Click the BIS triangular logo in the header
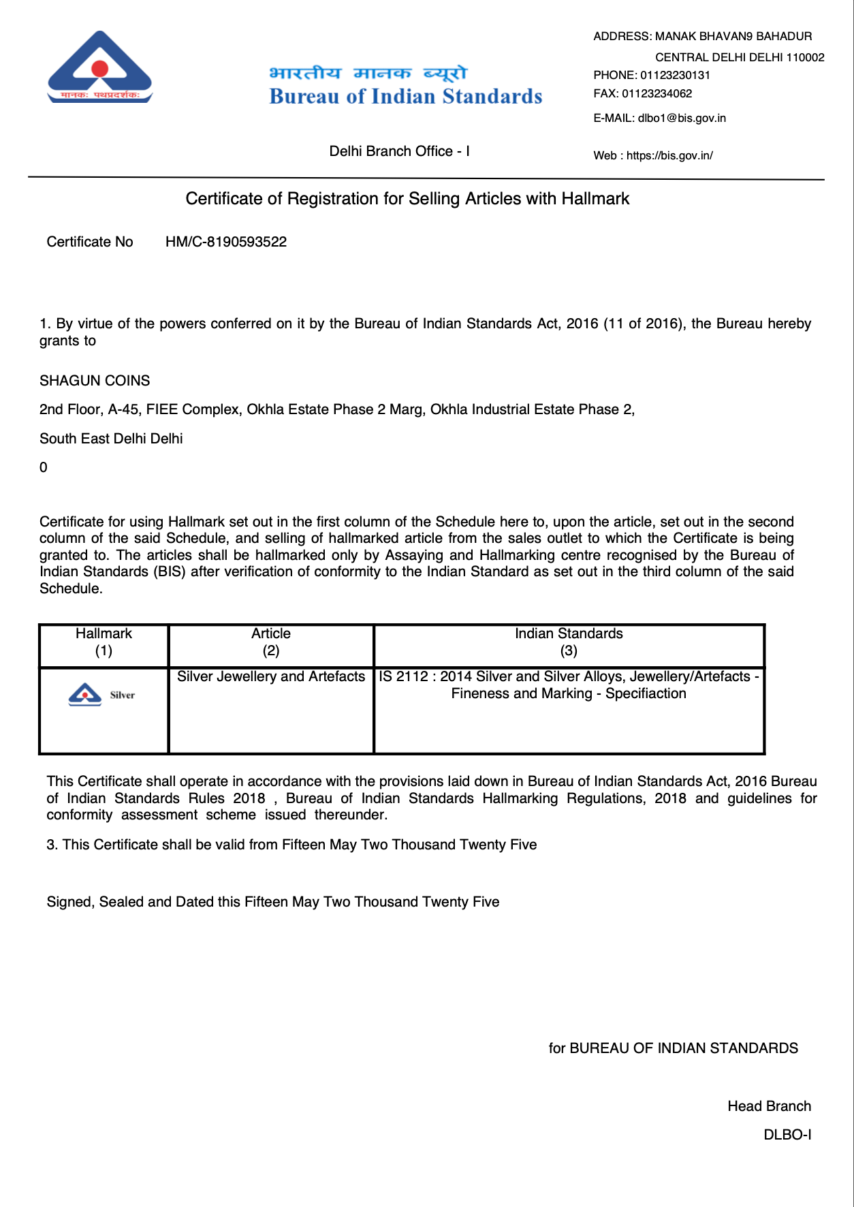[100, 67]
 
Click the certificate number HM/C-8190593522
[226, 242]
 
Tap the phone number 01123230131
[675, 75]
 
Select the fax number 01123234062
[657, 93]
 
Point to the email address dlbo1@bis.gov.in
[682, 118]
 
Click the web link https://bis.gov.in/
[669, 155]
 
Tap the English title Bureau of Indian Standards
[406, 96]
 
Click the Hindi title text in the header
[368, 72]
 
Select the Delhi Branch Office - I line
[399, 151]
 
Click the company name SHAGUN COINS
[95, 381]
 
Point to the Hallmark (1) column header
[104, 642]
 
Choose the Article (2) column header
[271, 642]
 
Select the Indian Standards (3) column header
[569, 642]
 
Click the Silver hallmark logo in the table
[102, 695]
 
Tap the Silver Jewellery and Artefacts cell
[271, 676]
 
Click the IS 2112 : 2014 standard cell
[569, 685]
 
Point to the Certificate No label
[90, 242]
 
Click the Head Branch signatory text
[769, 1106]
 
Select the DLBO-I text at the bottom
[787, 1135]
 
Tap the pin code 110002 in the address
[805, 57]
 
